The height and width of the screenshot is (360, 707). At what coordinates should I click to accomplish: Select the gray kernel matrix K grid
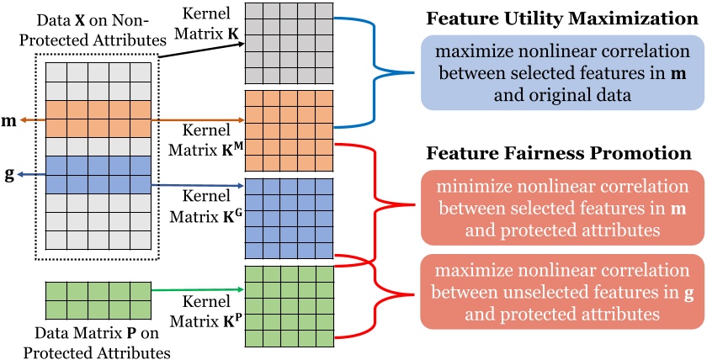[285, 42]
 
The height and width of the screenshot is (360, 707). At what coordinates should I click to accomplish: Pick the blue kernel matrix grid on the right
[285, 217]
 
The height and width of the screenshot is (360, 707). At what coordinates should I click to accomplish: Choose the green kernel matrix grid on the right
[285, 305]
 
